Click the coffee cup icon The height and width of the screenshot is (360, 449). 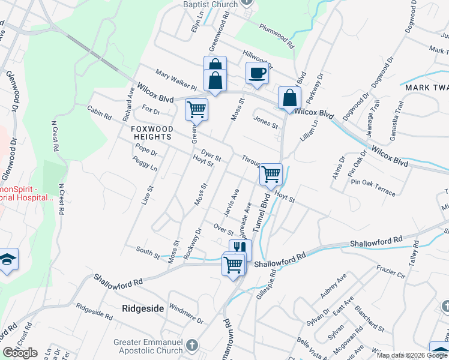pos(257,73)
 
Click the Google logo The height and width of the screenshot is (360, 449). pos(20,353)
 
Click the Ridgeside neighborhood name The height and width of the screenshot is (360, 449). pos(143,308)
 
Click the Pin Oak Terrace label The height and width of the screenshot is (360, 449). pos(373,187)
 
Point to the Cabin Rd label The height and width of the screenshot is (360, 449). pos(100,112)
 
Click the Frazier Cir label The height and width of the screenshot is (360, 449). pos(392,268)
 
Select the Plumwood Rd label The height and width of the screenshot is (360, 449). pos(277,36)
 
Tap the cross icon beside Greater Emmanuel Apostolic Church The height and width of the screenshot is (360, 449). pos(191,346)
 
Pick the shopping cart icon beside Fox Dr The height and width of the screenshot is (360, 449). pos(196,109)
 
